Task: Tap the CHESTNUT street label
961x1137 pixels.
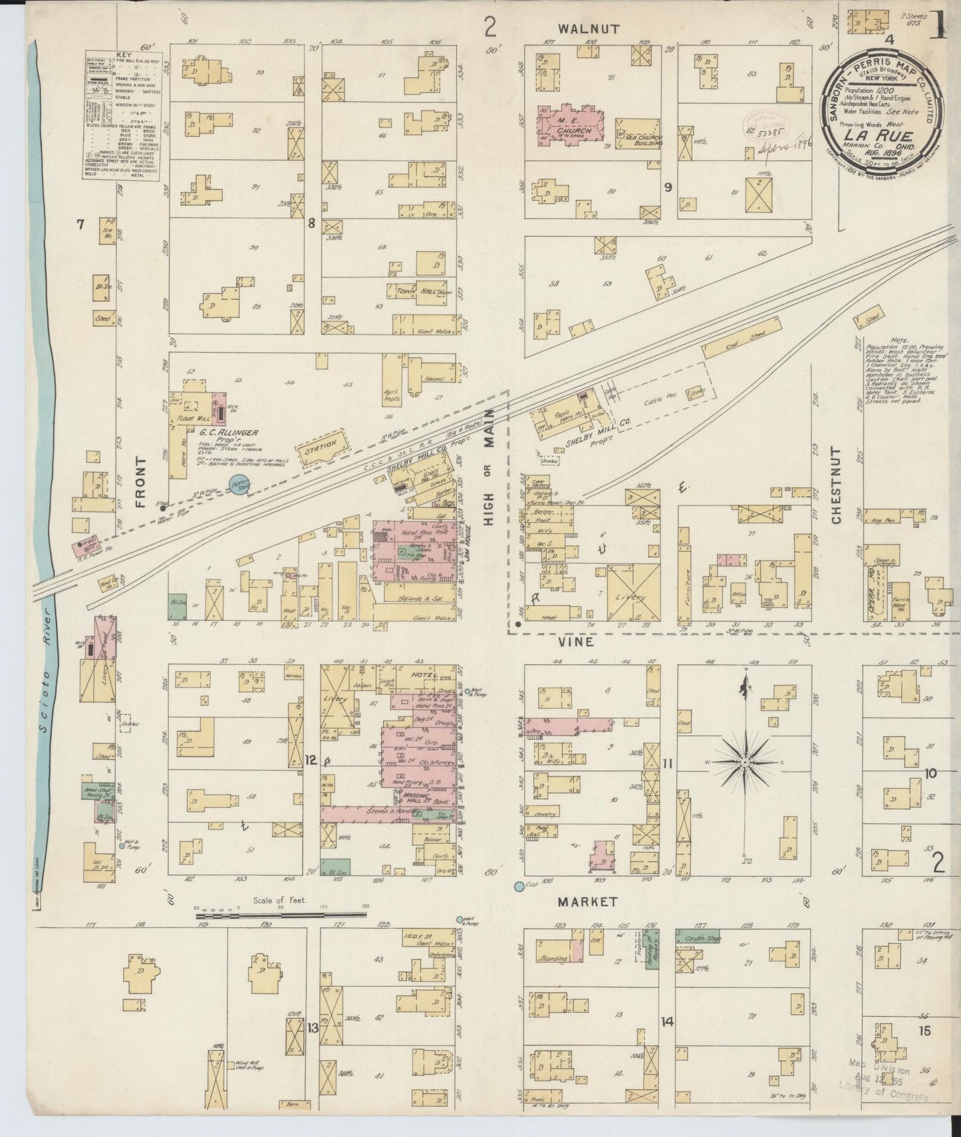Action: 836,485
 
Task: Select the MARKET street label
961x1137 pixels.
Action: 587,902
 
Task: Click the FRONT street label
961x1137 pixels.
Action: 140,483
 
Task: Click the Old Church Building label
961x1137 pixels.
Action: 639,136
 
